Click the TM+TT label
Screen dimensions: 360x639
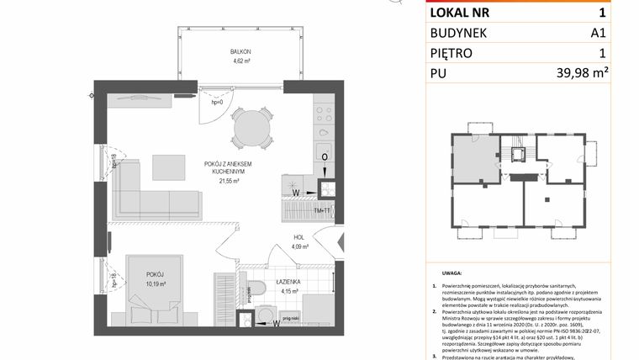(323, 210)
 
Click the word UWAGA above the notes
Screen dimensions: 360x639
(452, 274)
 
